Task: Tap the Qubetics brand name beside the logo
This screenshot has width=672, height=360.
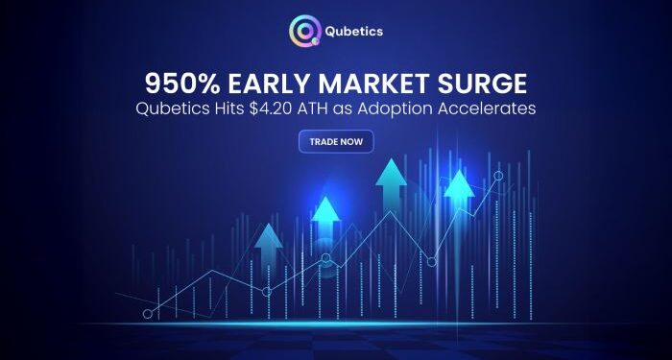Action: pos(354,31)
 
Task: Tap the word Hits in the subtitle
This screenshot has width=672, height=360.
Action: pos(233,108)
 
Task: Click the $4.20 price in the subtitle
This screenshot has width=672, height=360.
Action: pos(277,108)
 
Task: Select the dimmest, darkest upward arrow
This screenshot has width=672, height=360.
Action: pos(269,240)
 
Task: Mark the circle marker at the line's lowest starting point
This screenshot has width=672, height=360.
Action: pos(148,314)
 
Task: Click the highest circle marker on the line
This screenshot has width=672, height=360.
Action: pos(497,176)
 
